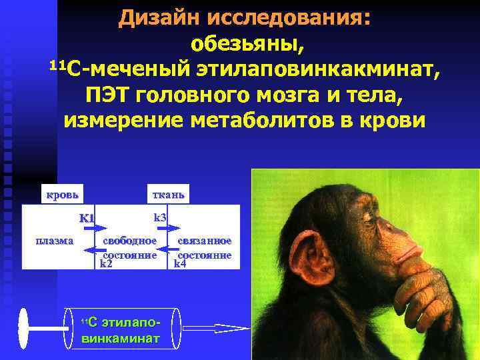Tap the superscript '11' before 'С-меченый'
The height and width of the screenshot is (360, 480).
coord(58,65)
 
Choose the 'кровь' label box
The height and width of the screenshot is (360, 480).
coord(62,195)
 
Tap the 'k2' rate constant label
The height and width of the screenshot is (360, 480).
coord(106,264)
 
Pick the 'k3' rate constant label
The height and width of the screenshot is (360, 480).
coord(160,217)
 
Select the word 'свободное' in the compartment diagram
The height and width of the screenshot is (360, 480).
coord(130,241)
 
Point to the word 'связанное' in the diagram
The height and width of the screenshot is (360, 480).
coord(204,241)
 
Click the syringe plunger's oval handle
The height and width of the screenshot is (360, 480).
coord(23,327)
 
